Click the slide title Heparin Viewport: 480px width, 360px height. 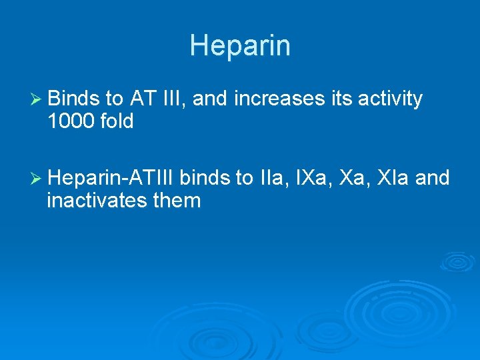pyautogui.click(x=240, y=46)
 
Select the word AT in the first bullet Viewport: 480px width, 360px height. pyautogui.click(x=143, y=99)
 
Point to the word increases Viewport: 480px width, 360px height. pyautogui.click(x=280, y=99)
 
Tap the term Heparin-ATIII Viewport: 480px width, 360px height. pyautogui.click(x=111, y=178)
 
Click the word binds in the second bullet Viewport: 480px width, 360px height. pyautogui.click(x=204, y=178)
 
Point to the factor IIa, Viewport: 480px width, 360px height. pyautogui.click(x=270, y=178)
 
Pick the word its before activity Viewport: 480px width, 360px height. pyautogui.click(x=341, y=99)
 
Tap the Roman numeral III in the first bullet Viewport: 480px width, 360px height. pyautogui.click(x=173, y=99)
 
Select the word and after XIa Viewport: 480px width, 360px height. pyautogui.click(x=435, y=178)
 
